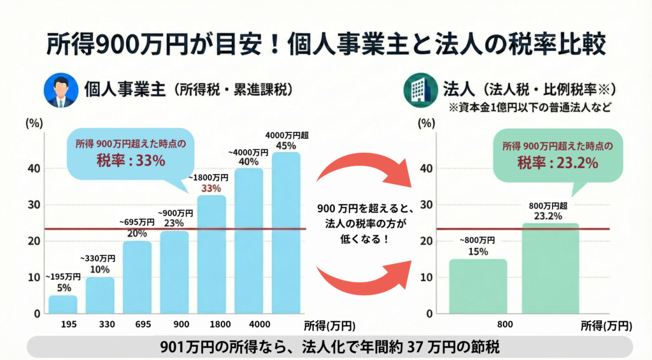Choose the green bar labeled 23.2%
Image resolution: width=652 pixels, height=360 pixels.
pos(550,269)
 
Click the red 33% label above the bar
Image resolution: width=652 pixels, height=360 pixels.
pos(211,188)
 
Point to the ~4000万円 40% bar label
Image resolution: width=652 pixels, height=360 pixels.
pos(248,157)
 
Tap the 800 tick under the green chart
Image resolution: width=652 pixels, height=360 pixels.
pos(504,324)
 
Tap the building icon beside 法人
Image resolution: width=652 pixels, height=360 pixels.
pos(419,90)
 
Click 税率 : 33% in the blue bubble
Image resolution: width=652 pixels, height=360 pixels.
pos(132,161)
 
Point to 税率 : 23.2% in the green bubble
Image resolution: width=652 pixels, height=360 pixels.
pos(557,163)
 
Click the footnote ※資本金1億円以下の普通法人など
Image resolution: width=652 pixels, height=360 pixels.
pos(531,107)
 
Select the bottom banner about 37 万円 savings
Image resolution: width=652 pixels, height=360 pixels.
pos(331,347)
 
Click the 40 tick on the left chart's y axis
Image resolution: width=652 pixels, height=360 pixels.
pos(32,168)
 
